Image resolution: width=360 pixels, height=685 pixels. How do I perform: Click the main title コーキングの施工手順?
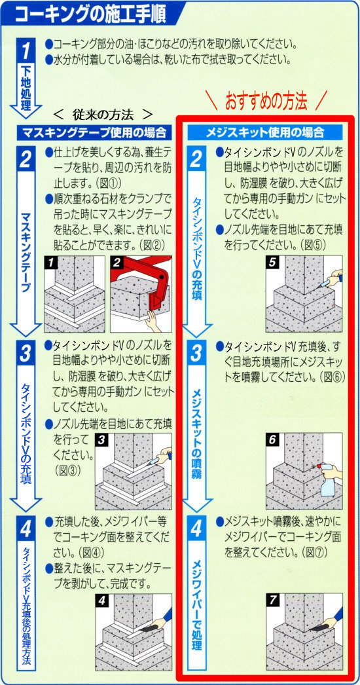(x=90, y=14)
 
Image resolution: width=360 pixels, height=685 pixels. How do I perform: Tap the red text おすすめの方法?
(x=266, y=101)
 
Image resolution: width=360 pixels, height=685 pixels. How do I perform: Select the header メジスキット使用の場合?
(x=265, y=132)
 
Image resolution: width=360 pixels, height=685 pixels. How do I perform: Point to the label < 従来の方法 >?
(x=102, y=114)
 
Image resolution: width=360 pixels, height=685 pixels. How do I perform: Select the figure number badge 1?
(x=52, y=263)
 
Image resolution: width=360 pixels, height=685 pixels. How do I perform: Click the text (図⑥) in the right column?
(x=332, y=376)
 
